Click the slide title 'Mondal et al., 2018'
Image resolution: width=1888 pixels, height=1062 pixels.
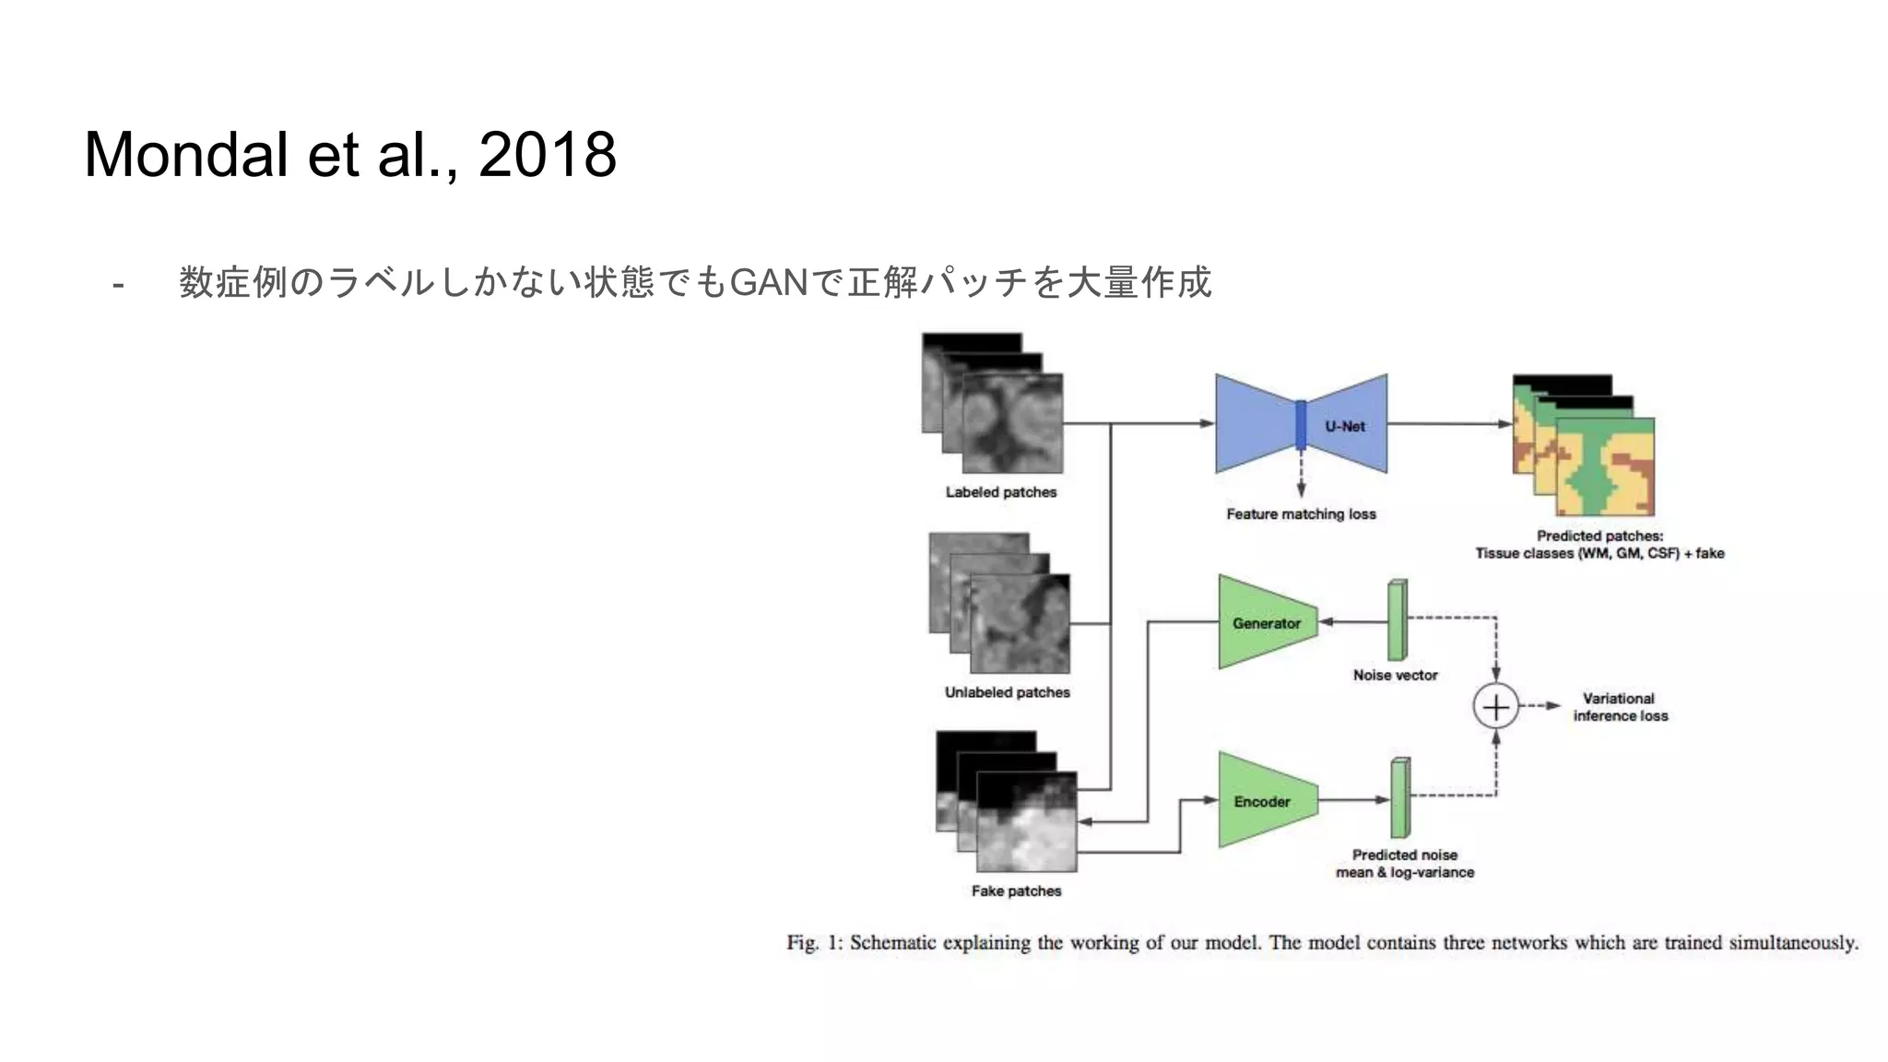(350, 154)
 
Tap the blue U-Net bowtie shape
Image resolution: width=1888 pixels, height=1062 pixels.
(1254, 424)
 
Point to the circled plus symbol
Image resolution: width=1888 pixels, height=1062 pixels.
(1495, 706)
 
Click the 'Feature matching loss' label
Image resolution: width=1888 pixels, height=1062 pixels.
(1301, 514)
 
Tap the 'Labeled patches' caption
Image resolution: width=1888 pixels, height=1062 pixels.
(1001, 492)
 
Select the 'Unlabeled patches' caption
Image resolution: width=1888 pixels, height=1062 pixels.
(1007, 692)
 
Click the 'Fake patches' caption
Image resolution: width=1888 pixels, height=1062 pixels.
(1016, 891)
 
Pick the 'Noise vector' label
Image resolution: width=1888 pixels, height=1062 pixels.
(1395, 675)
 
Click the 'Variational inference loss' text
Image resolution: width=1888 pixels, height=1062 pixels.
(1620, 707)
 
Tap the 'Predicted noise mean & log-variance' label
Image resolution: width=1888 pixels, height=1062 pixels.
(1405, 864)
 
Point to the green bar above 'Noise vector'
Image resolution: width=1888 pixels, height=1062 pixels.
(1398, 619)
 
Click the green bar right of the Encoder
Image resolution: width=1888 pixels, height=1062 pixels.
(1400, 797)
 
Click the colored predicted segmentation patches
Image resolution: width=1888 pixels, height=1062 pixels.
(1584, 446)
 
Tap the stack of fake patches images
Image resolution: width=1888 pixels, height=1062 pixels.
(1007, 802)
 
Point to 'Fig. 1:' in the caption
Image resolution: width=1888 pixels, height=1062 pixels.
(815, 943)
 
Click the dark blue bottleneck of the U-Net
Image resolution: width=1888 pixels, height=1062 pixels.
(1301, 424)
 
